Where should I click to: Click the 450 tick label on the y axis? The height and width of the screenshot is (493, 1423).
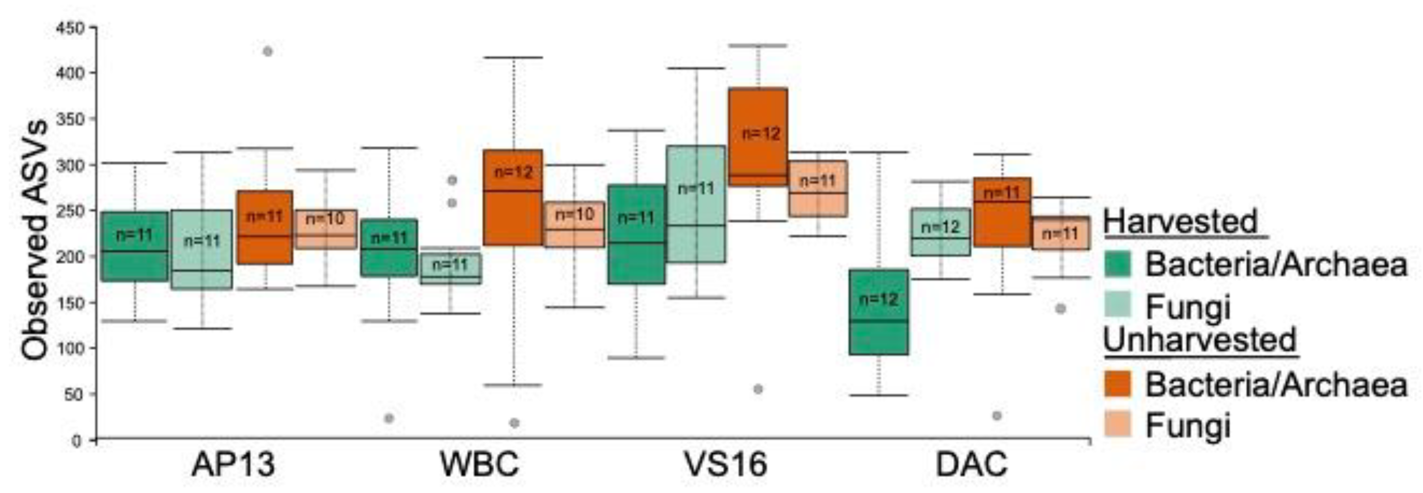pos(70,27)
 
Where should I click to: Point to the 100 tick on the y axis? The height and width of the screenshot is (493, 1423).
pos(70,348)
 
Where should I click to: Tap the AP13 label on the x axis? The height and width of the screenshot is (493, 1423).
pos(233,464)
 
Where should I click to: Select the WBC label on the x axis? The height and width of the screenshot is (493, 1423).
pos(479,464)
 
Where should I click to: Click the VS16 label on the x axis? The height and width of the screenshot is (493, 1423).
pos(725,464)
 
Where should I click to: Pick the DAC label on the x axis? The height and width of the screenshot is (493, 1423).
pos(972,464)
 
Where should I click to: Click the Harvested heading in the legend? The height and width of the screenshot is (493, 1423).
pos(1180,221)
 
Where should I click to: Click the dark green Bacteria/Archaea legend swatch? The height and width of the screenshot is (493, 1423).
pos(1117,264)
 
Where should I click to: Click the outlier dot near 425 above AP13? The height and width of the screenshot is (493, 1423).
pos(268,51)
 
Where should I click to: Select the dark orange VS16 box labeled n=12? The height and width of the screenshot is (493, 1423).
pos(758,137)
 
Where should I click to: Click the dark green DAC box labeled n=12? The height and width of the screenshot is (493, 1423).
pos(878,312)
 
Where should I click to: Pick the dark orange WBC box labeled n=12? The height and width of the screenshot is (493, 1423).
pos(512,197)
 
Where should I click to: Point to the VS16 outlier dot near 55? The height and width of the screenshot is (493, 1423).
pos(758,389)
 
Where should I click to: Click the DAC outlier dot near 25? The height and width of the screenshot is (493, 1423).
pos(996,416)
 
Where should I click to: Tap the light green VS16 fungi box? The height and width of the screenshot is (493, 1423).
pos(696,204)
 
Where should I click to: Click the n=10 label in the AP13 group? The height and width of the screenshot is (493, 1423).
pos(325,219)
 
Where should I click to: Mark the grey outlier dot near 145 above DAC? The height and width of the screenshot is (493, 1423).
pos(1060,309)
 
